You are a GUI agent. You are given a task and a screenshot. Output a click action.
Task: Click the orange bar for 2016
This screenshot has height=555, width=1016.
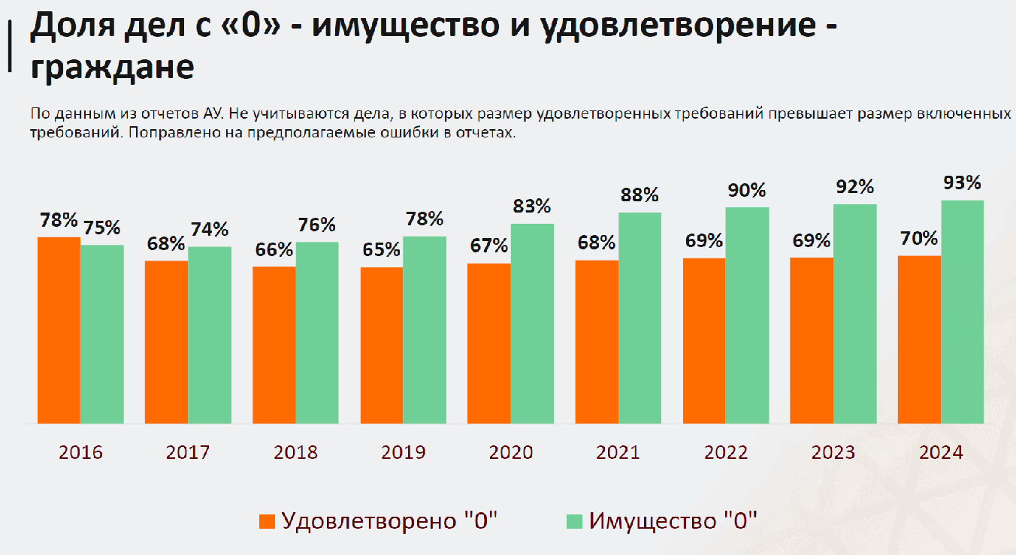click(x=59, y=330)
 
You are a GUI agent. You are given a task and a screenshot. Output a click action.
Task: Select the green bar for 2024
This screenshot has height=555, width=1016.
click(x=963, y=312)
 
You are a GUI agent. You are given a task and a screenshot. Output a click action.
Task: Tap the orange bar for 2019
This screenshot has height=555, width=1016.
click(x=382, y=345)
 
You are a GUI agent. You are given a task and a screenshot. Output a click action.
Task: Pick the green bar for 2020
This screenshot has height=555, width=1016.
click(x=532, y=324)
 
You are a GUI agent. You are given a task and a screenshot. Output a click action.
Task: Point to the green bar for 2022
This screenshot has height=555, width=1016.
click(x=747, y=315)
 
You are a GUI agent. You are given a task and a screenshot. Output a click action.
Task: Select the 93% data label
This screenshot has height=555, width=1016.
click(x=963, y=182)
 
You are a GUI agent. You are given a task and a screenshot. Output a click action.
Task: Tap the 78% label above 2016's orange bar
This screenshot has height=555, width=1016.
click(x=59, y=220)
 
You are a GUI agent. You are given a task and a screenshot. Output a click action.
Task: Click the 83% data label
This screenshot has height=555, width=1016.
click(x=532, y=206)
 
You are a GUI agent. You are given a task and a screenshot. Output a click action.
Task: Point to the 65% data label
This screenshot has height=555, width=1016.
click(x=382, y=249)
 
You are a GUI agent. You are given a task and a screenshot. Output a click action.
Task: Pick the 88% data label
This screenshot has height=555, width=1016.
click(x=640, y=195)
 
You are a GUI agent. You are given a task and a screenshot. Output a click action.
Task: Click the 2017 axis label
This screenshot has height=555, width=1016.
click(x=188, y=453)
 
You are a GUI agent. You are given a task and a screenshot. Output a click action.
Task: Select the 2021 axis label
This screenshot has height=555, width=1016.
click(x=618, y=453)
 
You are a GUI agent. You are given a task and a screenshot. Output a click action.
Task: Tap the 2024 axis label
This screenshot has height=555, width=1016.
click(x=941, y=453)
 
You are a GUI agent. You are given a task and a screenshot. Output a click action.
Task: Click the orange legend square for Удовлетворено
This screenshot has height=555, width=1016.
click(x=267, y=521)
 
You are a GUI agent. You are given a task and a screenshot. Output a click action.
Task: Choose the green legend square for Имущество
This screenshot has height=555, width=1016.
click(x=574, y=521)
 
